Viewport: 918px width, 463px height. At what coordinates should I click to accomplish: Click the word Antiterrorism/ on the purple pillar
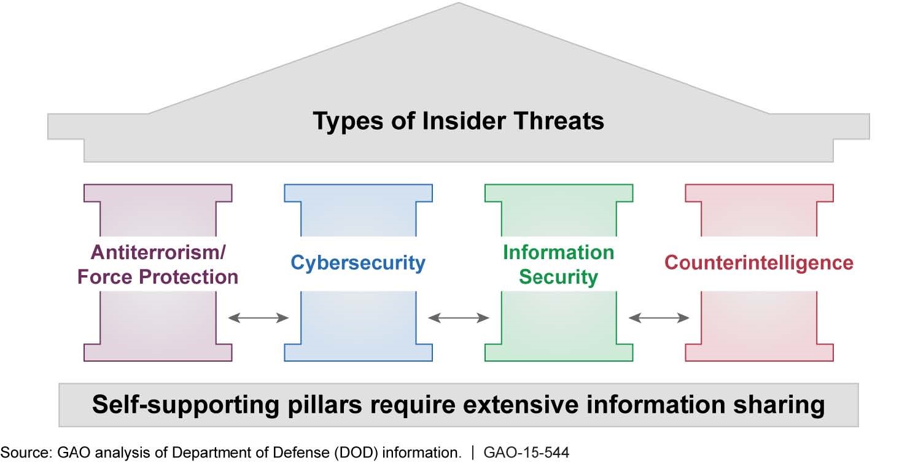click(158, 252)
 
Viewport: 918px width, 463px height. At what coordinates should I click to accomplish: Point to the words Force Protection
click(158, 276)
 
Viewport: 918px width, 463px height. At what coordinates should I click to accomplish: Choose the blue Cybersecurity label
click(358, 263)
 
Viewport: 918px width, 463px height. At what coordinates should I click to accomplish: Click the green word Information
click(558, 252)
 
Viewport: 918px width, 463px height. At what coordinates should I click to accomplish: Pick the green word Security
click(558, 277)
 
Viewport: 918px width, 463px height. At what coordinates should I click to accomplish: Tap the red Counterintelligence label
click(759, 263)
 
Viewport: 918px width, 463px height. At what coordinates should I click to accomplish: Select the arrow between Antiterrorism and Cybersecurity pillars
click(259, 317)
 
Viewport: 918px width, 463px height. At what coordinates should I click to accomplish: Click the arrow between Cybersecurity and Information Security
click(459, 317)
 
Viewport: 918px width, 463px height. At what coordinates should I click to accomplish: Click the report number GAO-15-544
click(527, 453)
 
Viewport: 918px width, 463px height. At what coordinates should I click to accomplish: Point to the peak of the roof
click(459, 4)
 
